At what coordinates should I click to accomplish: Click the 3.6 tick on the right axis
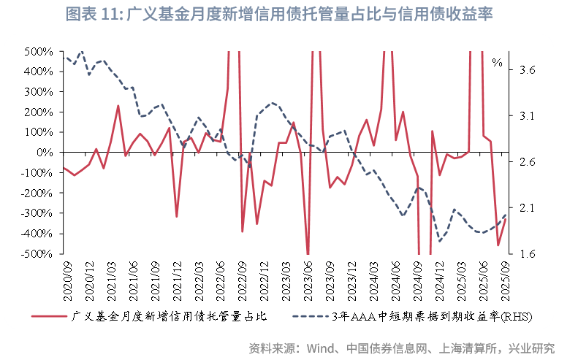coord(528,70)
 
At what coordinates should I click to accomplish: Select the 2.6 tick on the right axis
coord(528,162)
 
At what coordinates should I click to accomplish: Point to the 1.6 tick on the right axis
coord(528,254)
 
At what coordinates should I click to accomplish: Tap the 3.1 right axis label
coord(528,116)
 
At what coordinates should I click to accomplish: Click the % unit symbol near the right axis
coord(497,63)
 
